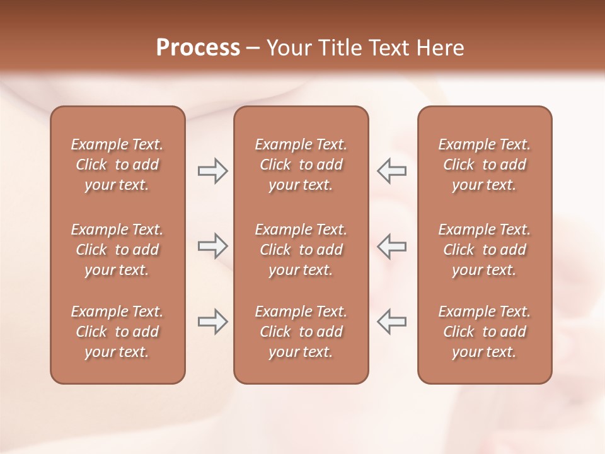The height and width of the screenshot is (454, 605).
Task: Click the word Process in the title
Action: (198, 48)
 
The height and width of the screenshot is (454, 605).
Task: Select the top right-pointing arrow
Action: (212, 171)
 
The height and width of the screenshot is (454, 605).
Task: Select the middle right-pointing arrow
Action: (212, 246)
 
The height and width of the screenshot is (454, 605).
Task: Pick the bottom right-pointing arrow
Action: (212, 322)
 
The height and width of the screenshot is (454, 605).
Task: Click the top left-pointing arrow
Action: (391, 171)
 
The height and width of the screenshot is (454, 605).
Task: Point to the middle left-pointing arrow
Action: (391, 246)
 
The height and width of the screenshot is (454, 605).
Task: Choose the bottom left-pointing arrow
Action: (391, 322)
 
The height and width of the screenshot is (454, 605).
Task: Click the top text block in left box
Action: (117, 165)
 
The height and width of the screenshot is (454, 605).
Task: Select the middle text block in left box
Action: (117, 250)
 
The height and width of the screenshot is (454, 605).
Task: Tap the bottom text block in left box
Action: (117, 332)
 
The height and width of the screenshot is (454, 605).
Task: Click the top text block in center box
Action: (301, 165)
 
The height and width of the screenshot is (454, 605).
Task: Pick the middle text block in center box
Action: (301, 250)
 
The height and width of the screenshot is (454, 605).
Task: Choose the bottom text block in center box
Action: (301, 332)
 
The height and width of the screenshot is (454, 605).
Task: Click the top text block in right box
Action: (484, 165)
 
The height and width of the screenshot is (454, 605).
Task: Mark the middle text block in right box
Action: (484, 250)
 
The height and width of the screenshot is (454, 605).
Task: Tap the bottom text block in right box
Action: (484, 332)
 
